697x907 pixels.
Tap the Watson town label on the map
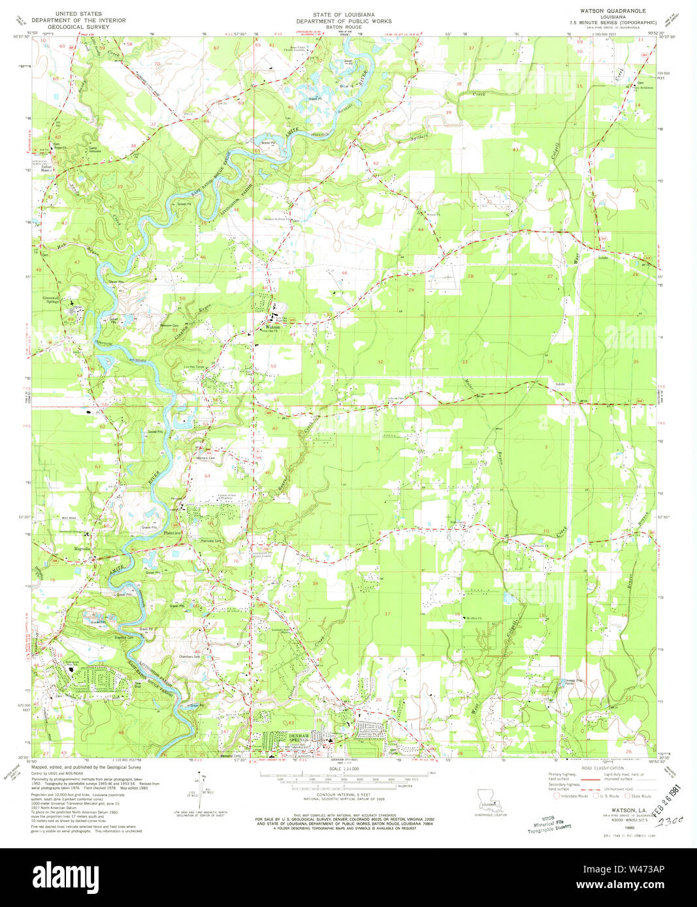coord(272,328)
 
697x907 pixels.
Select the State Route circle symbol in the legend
coord(628,795)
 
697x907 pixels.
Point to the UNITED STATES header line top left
coord(82,12)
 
